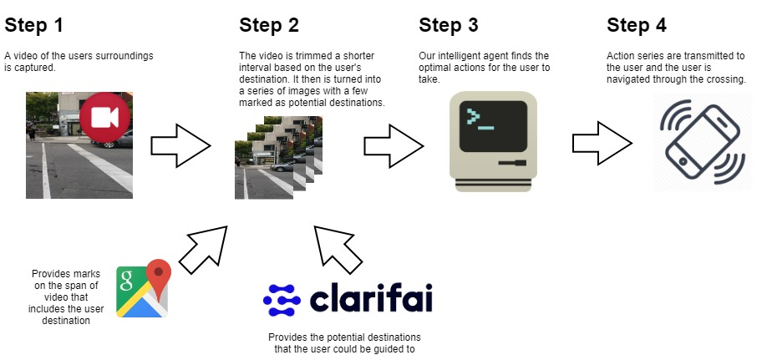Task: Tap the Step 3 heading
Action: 450,26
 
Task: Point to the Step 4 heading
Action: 637,26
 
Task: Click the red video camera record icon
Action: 105,118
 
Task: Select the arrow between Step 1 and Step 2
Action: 180,145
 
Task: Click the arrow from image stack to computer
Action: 393,145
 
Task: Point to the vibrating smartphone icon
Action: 702,142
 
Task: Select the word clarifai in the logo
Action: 372,298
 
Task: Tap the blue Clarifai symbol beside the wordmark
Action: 282,298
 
